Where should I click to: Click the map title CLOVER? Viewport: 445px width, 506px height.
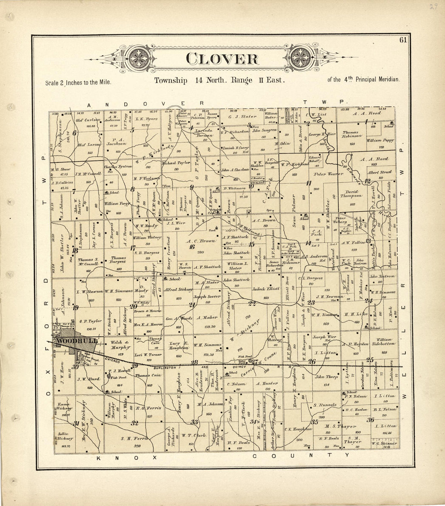point(222,59)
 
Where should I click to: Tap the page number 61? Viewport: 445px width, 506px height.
point(402,40)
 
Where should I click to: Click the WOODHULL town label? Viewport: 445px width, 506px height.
point(76,341)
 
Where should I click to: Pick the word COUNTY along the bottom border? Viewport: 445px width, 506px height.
point(300,455)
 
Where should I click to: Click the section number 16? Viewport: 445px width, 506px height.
point(192,247)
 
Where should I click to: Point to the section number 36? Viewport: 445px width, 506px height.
point(370,420)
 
